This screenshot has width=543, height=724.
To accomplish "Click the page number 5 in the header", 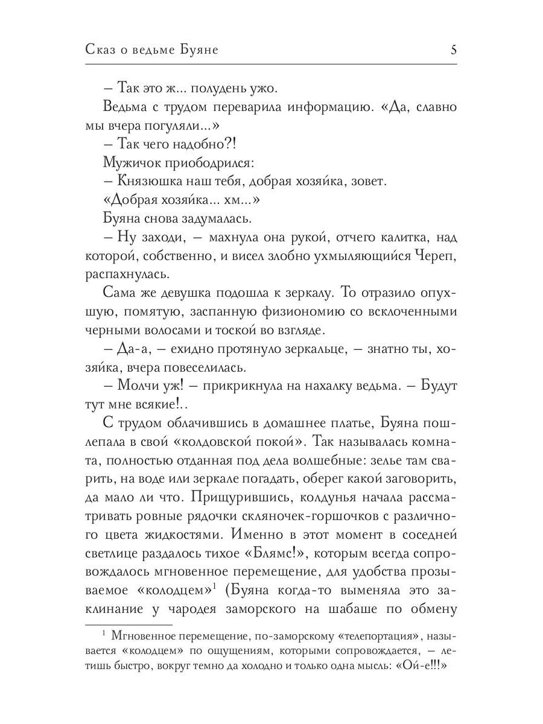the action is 453,51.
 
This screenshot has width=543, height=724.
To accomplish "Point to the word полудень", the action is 214,89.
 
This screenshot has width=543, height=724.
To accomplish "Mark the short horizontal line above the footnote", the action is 129,609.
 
